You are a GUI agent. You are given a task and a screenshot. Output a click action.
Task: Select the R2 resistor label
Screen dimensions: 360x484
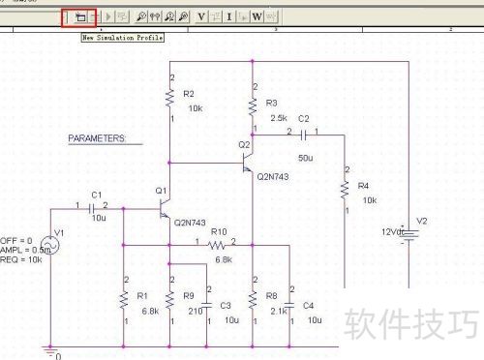tap(188, 94)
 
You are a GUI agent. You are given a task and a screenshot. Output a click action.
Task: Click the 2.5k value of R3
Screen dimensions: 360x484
tap(278, 117)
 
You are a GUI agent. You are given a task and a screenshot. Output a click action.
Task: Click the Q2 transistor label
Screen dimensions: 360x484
tap(244, 144)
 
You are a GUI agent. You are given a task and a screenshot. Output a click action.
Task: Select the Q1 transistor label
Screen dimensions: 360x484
tap(160, 192)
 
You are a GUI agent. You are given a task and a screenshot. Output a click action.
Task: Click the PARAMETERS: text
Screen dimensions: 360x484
tap(97, 139)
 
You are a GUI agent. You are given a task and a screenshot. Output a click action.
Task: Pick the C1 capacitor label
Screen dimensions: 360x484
tap(96, 195)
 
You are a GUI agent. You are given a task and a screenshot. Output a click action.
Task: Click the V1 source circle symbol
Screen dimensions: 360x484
tap(44, 246)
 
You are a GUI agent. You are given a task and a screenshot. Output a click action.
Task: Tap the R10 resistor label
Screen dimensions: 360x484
tap(218, 232)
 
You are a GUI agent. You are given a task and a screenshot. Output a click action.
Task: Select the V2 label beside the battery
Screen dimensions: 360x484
tap(421, 222)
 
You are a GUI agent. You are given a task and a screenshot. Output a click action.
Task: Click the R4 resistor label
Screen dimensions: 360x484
tap(363, 184)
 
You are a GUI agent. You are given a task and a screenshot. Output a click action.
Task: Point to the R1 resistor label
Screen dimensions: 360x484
tap(141, 295)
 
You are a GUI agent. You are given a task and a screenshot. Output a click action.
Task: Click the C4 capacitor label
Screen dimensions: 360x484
tap(308, 305)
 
